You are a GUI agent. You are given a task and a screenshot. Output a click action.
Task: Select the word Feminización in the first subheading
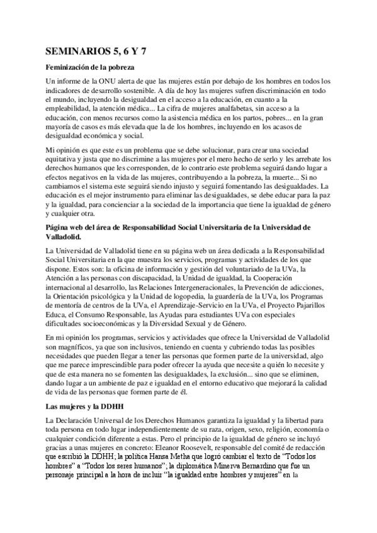[70, 67]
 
